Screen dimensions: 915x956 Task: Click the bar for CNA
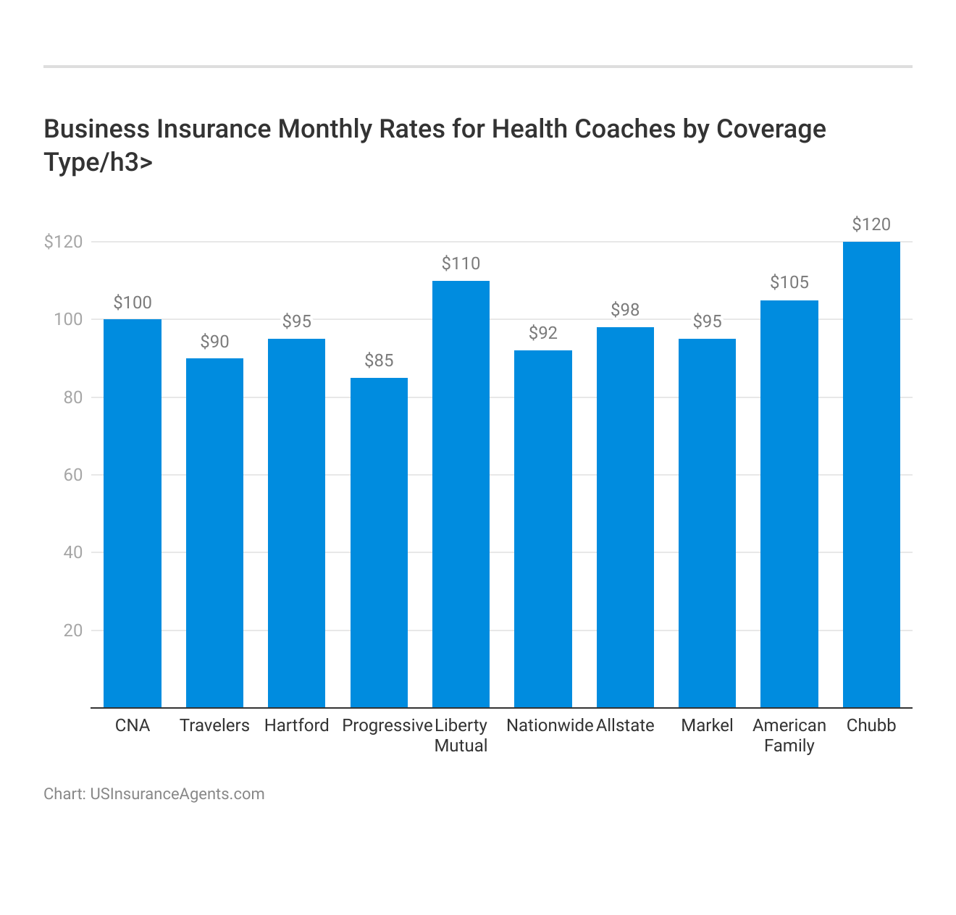coord(133,513)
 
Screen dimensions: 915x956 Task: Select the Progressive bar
coord(379,542)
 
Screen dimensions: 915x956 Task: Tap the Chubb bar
coord(871,474)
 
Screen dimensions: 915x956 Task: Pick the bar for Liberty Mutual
coord(461,494)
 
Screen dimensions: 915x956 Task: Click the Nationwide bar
coord(543,528)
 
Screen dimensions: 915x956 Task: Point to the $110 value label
coord(461,263)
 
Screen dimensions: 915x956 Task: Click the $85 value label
coord(379,360)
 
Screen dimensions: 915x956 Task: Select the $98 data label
coord(625,310)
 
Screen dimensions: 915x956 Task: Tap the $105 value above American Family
coord(789,282)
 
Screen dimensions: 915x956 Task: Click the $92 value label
coord(543,333)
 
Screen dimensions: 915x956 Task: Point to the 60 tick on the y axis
coord(72,475)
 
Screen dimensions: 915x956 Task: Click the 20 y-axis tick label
coord(72,631)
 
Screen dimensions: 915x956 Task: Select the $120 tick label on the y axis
coord(63,242)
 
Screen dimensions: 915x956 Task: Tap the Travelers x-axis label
coord(214,725)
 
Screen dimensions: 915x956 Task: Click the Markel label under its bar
coord(707,725)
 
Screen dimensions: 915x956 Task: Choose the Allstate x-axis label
coord(625,725)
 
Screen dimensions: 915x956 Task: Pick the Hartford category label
coord(296,725)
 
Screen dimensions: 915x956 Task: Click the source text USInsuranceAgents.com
coord(177,793)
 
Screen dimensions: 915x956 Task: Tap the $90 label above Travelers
coord(214,342)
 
